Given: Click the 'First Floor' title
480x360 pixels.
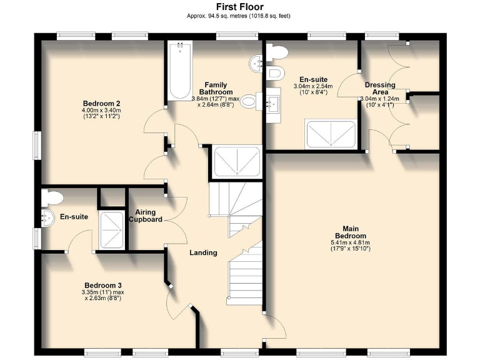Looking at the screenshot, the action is point(240,7).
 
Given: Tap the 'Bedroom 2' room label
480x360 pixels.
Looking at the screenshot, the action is point(101,103).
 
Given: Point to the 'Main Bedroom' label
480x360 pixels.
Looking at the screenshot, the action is point(351,232).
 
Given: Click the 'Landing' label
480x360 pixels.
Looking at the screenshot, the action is point(203,252).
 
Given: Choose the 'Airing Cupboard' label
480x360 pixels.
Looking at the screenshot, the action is point(146,216).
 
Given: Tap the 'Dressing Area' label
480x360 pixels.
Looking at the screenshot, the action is point(380,88).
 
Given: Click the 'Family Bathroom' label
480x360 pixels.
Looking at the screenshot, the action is point(216,88).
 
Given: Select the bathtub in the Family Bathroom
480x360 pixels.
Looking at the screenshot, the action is point(180,71).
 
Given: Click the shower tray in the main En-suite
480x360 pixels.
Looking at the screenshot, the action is point(331,134).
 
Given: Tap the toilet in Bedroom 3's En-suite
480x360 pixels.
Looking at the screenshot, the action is point(51,197).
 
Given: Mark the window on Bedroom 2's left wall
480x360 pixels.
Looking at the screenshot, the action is point(37,146).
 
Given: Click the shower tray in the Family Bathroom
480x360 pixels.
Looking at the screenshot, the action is point(237,161).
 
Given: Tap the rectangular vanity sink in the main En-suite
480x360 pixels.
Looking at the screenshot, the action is point(273,105).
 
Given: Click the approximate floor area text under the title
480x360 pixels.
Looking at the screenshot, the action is point(239,16).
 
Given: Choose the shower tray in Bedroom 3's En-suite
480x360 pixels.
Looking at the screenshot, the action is point(111,229).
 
